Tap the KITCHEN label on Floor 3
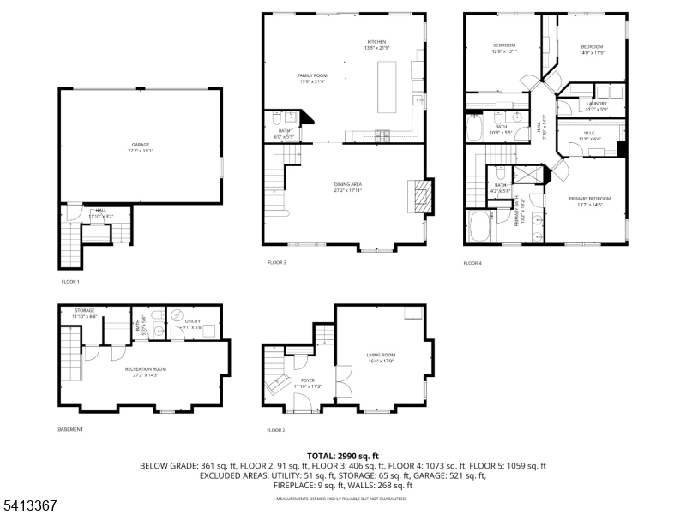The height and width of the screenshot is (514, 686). (376, 42)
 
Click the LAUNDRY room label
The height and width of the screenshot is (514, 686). (596, 104)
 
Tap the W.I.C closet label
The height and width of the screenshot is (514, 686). (589, 133)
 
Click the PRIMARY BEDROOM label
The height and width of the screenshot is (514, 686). (587, 199)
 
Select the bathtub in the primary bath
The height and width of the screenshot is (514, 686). (478, 228)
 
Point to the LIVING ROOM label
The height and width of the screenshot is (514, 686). (381, 355)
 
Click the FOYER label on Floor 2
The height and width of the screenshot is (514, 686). (306, 380)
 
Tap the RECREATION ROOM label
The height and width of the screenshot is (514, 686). (145, 368)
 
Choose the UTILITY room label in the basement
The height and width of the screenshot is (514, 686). (193, 322)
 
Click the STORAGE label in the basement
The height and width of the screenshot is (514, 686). (84, 311)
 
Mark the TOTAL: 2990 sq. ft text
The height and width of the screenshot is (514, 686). (342, 456)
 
